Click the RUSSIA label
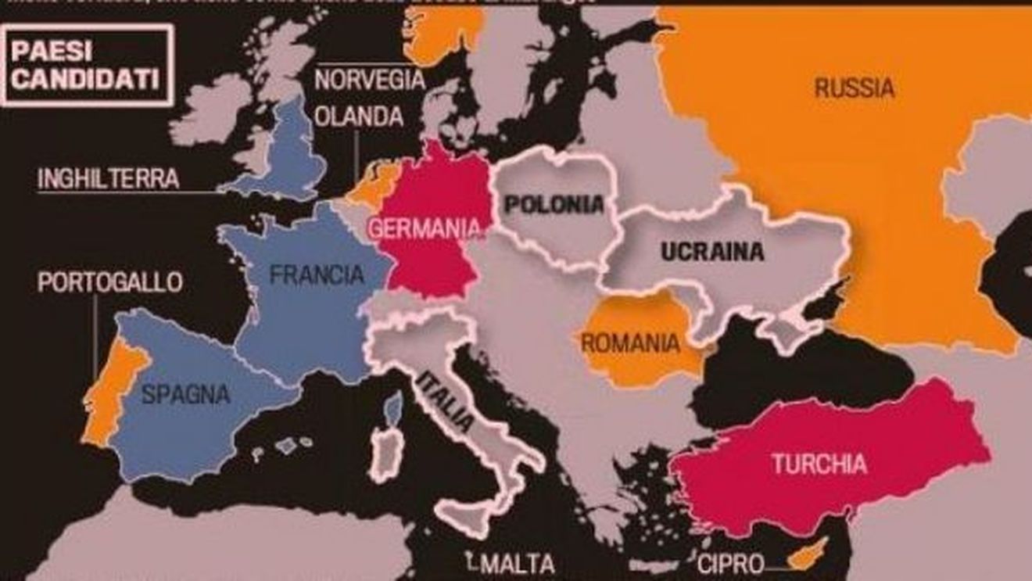tap(854, 88)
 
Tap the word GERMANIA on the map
tap(423, 228)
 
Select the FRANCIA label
tap(317, 274)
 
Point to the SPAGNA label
tap(185, 393)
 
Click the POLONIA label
tap(554, 205)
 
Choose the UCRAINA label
tap(711, 252)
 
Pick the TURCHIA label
tap(819, 464)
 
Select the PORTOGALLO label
tap(109, 282)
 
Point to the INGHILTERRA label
tap(109, 179)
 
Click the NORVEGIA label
tap(370, 80)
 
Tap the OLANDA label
tap(359, 117)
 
